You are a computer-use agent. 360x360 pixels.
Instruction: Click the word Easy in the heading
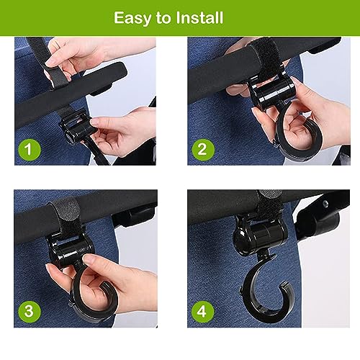[x=132, y=19]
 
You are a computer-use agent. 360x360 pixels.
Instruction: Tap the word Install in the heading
[x=199, y=17]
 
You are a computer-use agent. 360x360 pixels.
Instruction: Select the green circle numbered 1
[x=30, y=149]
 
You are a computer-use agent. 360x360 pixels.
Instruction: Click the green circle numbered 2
[x=203, y=149]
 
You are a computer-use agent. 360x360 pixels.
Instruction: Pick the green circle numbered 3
[x=30, y=311]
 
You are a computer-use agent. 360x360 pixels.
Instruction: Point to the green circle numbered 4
[x=202, y=311]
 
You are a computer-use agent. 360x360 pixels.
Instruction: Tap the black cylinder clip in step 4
[x=261, y=234]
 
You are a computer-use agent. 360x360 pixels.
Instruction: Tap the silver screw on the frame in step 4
[x=325, y=203]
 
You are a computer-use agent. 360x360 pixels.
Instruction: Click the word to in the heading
[x=163, y=18]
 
